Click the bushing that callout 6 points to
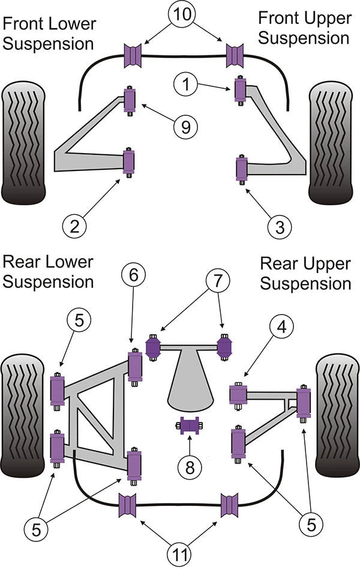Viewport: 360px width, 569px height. point(134,366)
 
